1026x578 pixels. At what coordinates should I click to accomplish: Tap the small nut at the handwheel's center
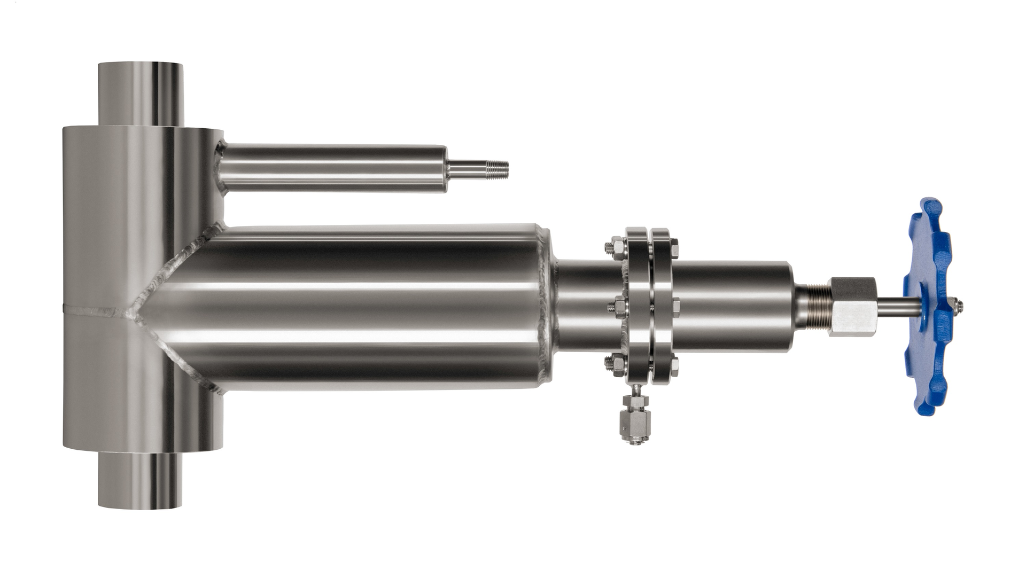tap(959, 306)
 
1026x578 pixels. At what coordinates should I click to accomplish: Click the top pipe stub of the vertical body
tap(140, 94)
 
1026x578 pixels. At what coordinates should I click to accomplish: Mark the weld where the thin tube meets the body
tap(219, 168)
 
